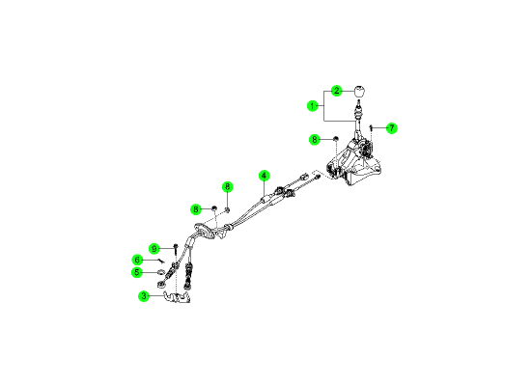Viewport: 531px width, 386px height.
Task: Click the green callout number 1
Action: pyautogui.click(x=312, y=106)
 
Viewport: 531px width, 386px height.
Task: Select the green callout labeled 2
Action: pyautogui.click(x=337, y=91)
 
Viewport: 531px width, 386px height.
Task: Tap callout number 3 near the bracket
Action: pyautogui.click(x=144, y=296)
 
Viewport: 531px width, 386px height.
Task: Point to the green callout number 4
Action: pyautogui.click(x=264, y=176)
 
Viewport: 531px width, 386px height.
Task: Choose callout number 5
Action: pyautogui.click(x=137, y=272)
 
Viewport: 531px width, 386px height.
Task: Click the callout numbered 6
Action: pyautogui.click(x=137, y=260)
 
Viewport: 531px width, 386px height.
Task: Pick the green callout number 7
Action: pyautogui.click(x=392, y=128)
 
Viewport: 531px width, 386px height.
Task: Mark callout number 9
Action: pyautogui.click(x=154, y=249)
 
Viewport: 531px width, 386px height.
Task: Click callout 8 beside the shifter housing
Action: pyautogui.click(x=315, y=140)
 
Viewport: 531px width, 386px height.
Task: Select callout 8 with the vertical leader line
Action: pyautogui.click(x=228, y=186)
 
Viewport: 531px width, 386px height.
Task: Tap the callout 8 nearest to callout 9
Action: pyautogui.click(x=196, y=209)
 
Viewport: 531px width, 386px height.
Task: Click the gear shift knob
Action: pyautogui.click(x=359, y=92)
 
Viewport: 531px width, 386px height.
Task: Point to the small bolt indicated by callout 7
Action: pyautogui.click(x=371, y=128)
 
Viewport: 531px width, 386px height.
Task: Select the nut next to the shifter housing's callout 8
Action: pyautogui.click(x=336, y=139)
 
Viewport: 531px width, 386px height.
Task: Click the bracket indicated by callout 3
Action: pyautogui.click(x=177, y=297)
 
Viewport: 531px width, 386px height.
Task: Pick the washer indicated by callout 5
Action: pyautogui.click(x=160, y=271)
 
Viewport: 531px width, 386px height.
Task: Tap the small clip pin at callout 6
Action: pyautogui.click(x=161, y=261)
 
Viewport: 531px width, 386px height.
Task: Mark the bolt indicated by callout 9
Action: pyautogui.click(x=176, y=250)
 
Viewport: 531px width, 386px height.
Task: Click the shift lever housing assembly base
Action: pyautogui.click(x=353, y=162)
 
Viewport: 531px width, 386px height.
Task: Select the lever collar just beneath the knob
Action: pyautogui.click(x=357, y=110)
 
